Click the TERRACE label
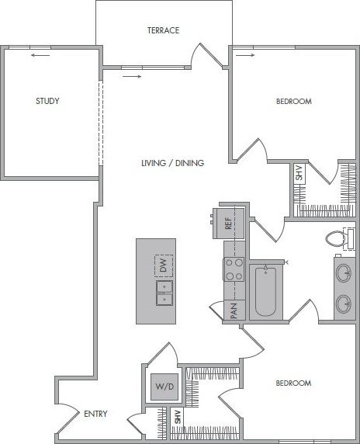[x=164, y=31]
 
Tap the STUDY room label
[x=48, y=101]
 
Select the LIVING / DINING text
[x=172, y=163]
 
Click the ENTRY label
[x=95, y=414]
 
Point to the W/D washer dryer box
[x=163, y=386]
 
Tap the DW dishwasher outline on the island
[x=163, y=265]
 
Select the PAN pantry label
[x=233, y=311]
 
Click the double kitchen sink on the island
[x=163, y=293]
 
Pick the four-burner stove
[x=234, y=270]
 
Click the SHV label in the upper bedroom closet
[x=299, y=173]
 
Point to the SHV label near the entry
[x=178, y=417]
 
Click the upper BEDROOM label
[x=294, y=102]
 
